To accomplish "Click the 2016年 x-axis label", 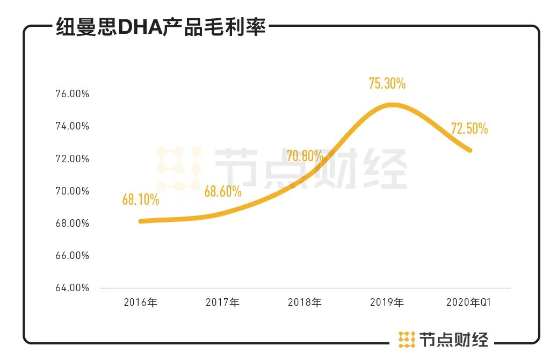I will coord(140,303).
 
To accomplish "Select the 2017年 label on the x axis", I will coord(222,303).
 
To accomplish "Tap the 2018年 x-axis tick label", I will coord(305,303).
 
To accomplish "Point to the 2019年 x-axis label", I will coord(387,303).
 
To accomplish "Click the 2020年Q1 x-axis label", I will coord(468,303).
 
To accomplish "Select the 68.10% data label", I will coord(141,200).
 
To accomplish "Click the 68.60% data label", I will coord(223,191).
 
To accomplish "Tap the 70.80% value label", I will coord(305,156).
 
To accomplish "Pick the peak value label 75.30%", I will coord(387,83).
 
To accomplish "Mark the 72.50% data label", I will coord(469,128).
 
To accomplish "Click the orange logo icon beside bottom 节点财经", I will coord(407,339).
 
